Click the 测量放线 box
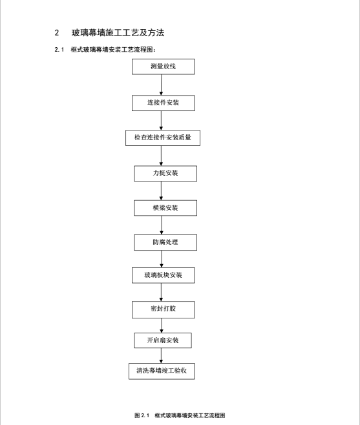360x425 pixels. pyautogui.click(x=164, y=67)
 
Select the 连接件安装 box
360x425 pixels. pyautogui.click(x=164, y=103)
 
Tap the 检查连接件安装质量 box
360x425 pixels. pyautogui.click(x=163, y=138)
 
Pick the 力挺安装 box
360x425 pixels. pyautogui.click(x=165, y=174)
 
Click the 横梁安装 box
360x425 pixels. pyautogui.click(x=165, y=208)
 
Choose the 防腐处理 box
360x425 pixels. pyautogui.click(x=165, y=242)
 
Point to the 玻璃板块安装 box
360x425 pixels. pyautogui.click(x=164, y=275)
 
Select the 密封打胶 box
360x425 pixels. pyautogui.click(x=164, y=309)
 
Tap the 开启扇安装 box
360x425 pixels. pyautogui.click(x=163, y=340)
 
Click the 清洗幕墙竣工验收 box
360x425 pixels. pyautogui.click(x=162, y=371)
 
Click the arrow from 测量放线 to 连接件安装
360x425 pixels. pyautogui.click(x=161, y=85)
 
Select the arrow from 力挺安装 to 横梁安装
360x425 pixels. pyautogui.click(x=161, y=191)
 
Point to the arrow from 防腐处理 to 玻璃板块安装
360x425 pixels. pyautogui.click(x=162, y=259)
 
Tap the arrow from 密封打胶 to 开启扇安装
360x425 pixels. pyautogui.click(x=162, y=326)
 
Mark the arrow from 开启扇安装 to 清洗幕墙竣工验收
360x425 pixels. pyautogui.click(x=161, y=356)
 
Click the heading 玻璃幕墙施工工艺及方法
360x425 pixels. pyautogui.click(x=118, y=33)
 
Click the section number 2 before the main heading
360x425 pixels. pyautogui.click(x=57, y=33)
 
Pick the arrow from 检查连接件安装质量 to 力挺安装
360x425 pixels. pyautogui.click(x=161, y=156)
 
